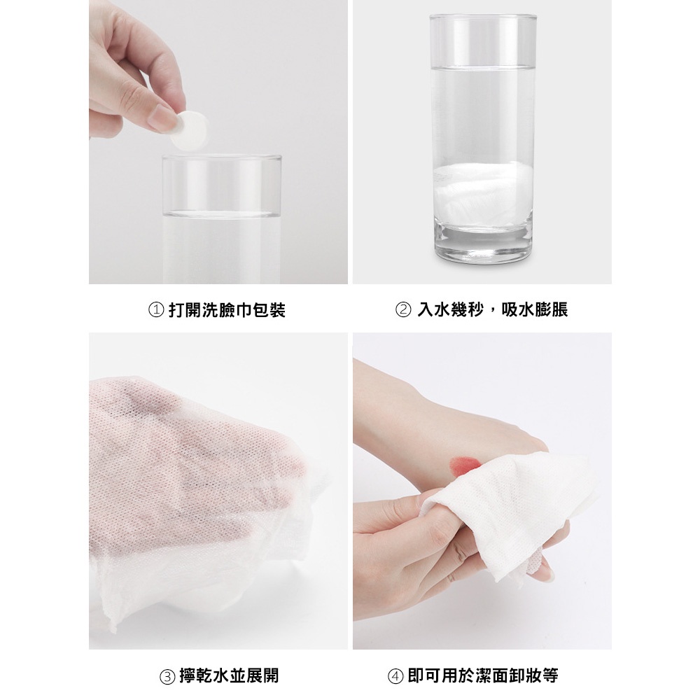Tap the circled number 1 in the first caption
[x=156, y=310]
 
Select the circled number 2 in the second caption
[x=404, y=310]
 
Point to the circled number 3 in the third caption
[x=167, y=676]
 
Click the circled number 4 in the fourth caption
[x=395, y=676]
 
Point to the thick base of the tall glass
[x=484, y=244]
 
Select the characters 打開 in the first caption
[x=184, y=310]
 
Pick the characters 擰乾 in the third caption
[x=195, y=675]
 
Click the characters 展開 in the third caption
[x=262, y=675]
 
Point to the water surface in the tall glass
[x=482, y=67]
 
